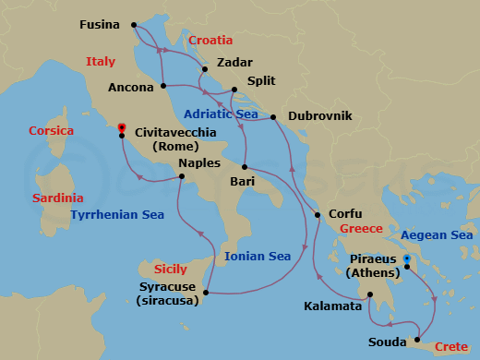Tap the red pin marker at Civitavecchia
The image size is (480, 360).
tap(122, 129)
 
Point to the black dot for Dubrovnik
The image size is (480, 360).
tap(274, 117)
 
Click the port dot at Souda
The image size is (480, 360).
tap(419, 339)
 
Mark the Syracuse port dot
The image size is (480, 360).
tap(205, 294)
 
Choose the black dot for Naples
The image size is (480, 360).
tap(182, 175)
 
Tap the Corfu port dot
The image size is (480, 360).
tap(318, 215)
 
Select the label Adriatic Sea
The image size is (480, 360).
tap(220, 114)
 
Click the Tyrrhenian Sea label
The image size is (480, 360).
tap(117, 215)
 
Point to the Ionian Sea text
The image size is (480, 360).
tap(258, 257)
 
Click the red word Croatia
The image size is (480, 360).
tap(210, 41)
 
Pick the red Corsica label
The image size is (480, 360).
tap(51, 131)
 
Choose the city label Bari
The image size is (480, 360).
tap(243, 182)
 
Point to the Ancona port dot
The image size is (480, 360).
tap(163, 86)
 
